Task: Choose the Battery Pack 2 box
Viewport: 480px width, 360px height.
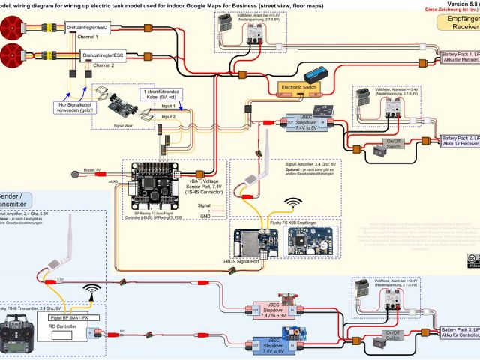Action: click(458, 141)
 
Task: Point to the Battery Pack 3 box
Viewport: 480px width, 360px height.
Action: click(458, 332)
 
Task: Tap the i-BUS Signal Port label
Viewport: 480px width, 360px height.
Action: click(241, 261)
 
